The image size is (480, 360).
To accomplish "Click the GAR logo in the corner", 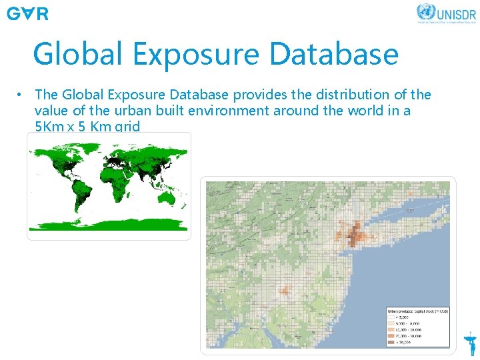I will click(27, 13).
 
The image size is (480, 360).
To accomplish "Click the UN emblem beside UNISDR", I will click(425, 11).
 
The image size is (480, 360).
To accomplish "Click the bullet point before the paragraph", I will click(21, 95).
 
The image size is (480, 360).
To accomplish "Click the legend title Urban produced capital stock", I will click(418, 311).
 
